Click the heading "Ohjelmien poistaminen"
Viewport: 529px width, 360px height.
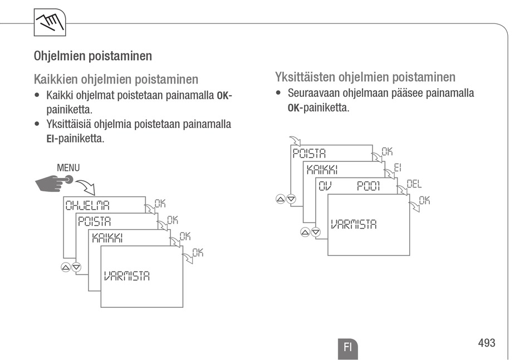(93, 56)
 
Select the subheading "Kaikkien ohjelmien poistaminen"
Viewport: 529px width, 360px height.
(116, 79)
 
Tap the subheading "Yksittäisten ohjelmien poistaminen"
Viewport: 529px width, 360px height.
(365, 77)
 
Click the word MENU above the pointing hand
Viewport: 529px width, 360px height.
(68, 167)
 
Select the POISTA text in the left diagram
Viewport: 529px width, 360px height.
(94, 221)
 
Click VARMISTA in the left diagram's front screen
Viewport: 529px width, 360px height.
(126, 275)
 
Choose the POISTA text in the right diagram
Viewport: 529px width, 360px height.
(309, 154)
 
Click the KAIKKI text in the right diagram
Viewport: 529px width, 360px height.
(322, 170)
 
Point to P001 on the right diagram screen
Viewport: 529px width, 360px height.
(369, 186)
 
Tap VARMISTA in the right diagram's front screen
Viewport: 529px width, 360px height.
(354, 224)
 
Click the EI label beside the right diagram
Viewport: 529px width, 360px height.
(398, 167)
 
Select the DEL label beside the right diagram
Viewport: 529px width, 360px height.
(414, 184)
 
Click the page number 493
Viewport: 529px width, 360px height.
(486, 343)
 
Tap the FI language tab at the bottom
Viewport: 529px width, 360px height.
(347, 347)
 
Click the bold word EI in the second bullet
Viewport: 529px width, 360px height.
(51, 139)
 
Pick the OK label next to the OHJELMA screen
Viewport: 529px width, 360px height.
(160, 204)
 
